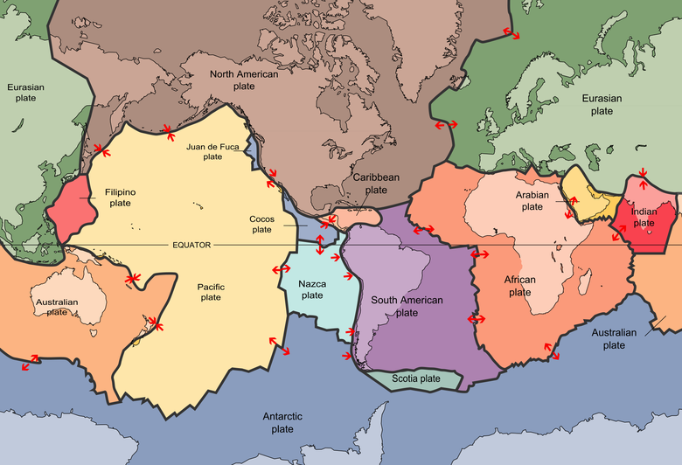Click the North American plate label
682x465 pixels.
coord(244,80)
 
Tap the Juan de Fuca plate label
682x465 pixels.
coord(212,152)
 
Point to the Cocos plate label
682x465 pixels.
coord(261,225)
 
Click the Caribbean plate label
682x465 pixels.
coord(376,184)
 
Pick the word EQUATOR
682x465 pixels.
coord(191,245)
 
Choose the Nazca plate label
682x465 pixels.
coord(312,289)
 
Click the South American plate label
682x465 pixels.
coord(407,306)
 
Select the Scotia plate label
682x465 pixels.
coord(416,378)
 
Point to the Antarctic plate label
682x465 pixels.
coord(282,422)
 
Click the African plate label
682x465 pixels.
coord(519,286)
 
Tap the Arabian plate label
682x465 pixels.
coord(532,201)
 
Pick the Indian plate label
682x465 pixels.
coord(644,218)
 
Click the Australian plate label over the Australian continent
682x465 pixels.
coord(57,307)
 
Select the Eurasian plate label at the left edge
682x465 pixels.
coord(24,93)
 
